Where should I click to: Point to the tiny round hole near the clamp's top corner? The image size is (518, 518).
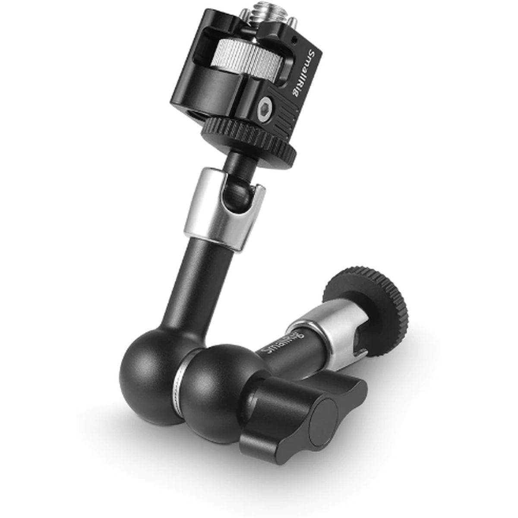[297, 41]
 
